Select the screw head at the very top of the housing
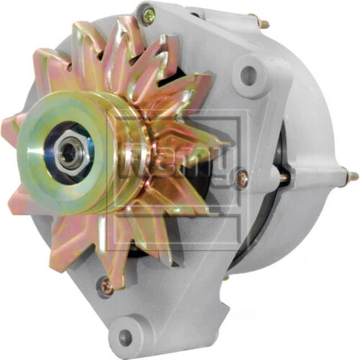point(148,13)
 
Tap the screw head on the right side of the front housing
point(242,174)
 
